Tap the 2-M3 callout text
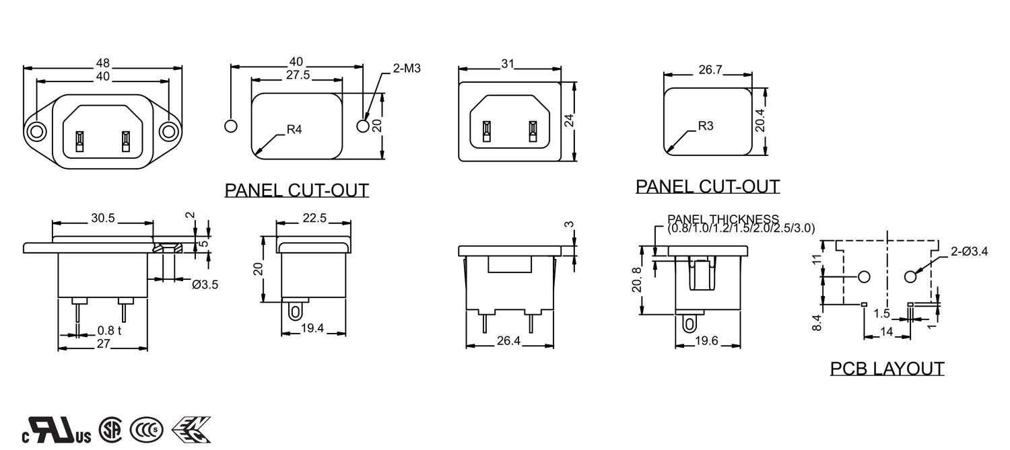pos(407,68)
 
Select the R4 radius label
pos(294,129)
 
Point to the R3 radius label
pos(705,125)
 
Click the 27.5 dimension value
pos(297,75)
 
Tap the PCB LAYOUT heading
pos(887,369)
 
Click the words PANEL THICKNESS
pos(723,219)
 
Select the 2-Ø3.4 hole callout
pos(969,252)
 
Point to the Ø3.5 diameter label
pos(205,285)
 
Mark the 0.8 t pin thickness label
pos(109,330)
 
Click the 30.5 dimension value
pos(102,219)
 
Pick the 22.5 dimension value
pos(314,218)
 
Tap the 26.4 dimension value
pos(508,341)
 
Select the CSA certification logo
pos(110,429)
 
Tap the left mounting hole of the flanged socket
pos(36,130)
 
